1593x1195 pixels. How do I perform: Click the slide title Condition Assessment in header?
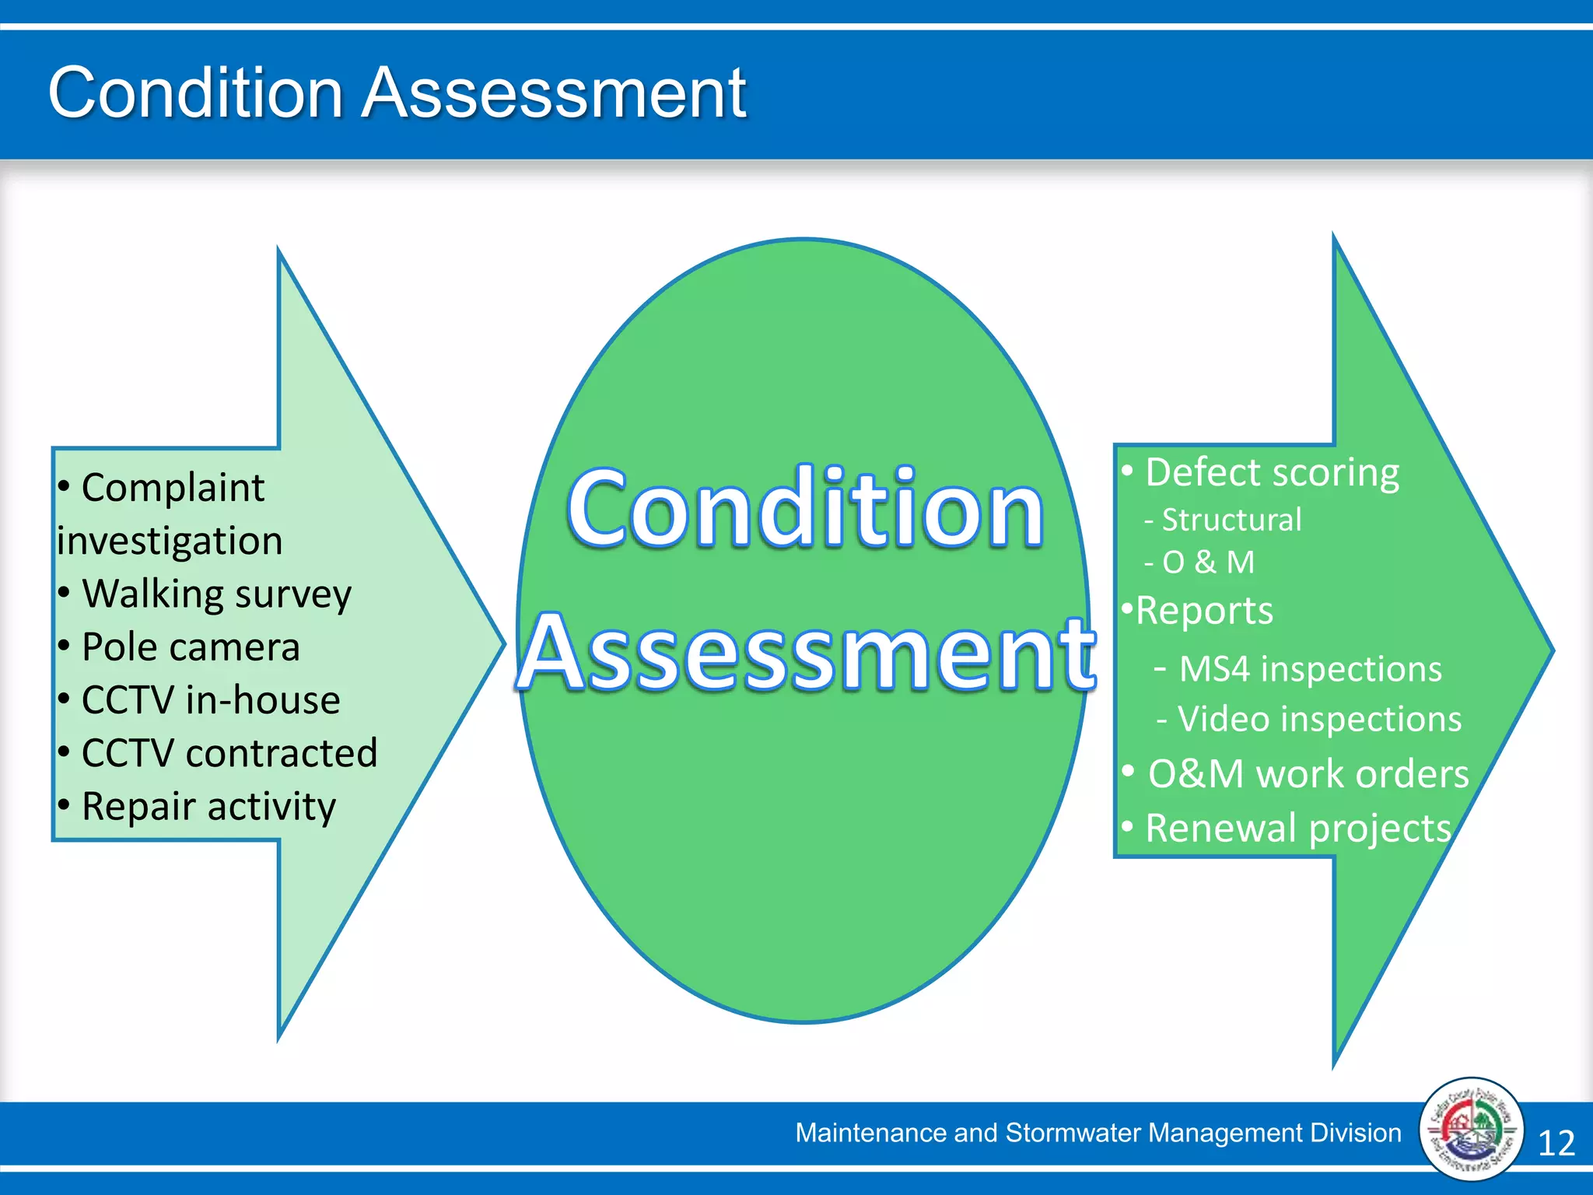397,93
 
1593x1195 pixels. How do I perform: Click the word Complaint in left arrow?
173,488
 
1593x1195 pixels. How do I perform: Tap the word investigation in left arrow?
170,541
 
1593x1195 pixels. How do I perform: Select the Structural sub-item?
1231,520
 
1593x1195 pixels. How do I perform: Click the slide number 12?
1556,1143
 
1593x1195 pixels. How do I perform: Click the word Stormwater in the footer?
1073,1133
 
